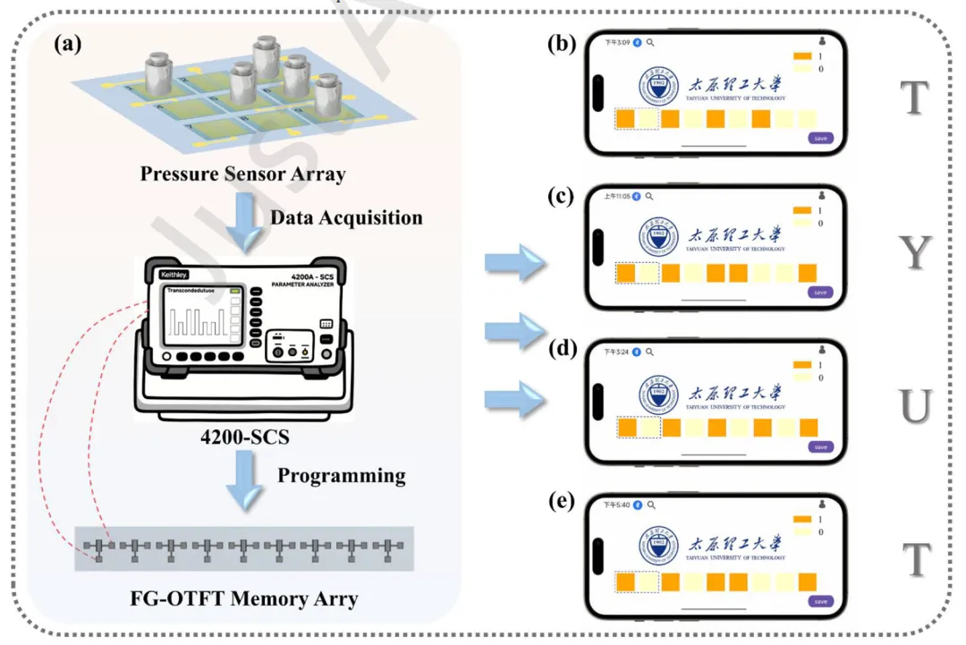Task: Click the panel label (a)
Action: [x=72, y=44]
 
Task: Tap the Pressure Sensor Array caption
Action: [x=242, y=174]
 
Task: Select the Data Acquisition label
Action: [x=346, y=217]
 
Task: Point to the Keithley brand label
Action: [x=175, y=276]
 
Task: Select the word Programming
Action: [x=341, y=475]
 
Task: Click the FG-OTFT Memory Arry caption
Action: [x=242, y=598]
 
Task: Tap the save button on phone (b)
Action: [x=820, y=138]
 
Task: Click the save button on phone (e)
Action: [x=820, y=601]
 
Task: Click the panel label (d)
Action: [x=563, y=349]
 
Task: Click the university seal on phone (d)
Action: [x=658, y=395]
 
